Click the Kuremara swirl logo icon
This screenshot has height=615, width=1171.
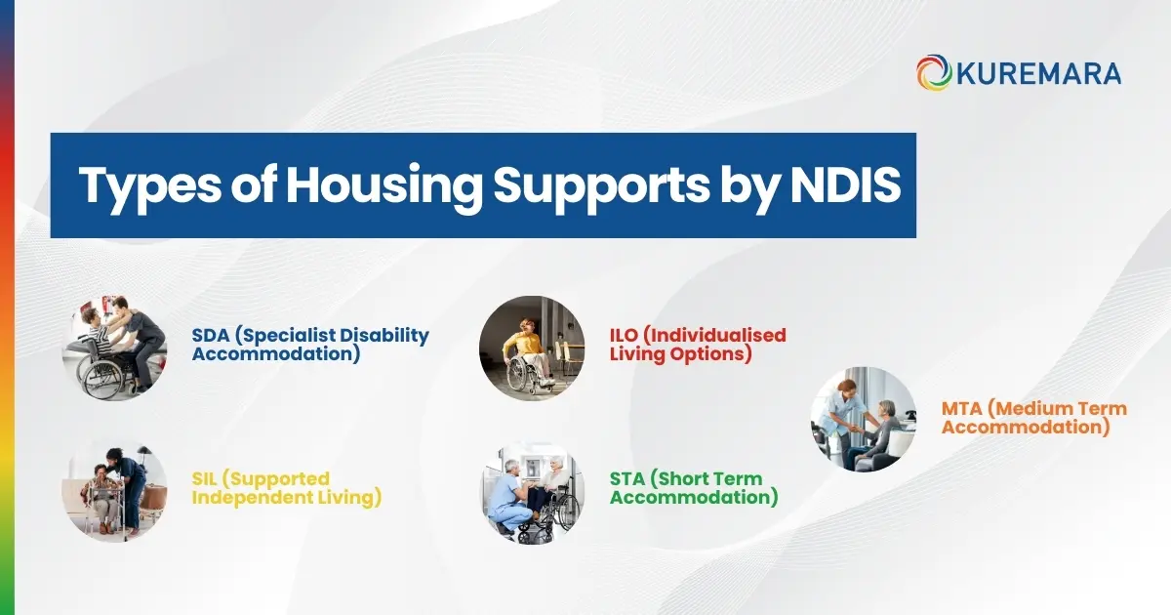[934, 73]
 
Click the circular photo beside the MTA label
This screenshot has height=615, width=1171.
[864, 419]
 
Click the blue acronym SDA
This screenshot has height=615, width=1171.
[211, 336]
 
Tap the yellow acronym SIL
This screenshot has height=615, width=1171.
[207, 479]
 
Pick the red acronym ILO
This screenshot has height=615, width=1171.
[626, 336]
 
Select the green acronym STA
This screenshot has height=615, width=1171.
[627, 479]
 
